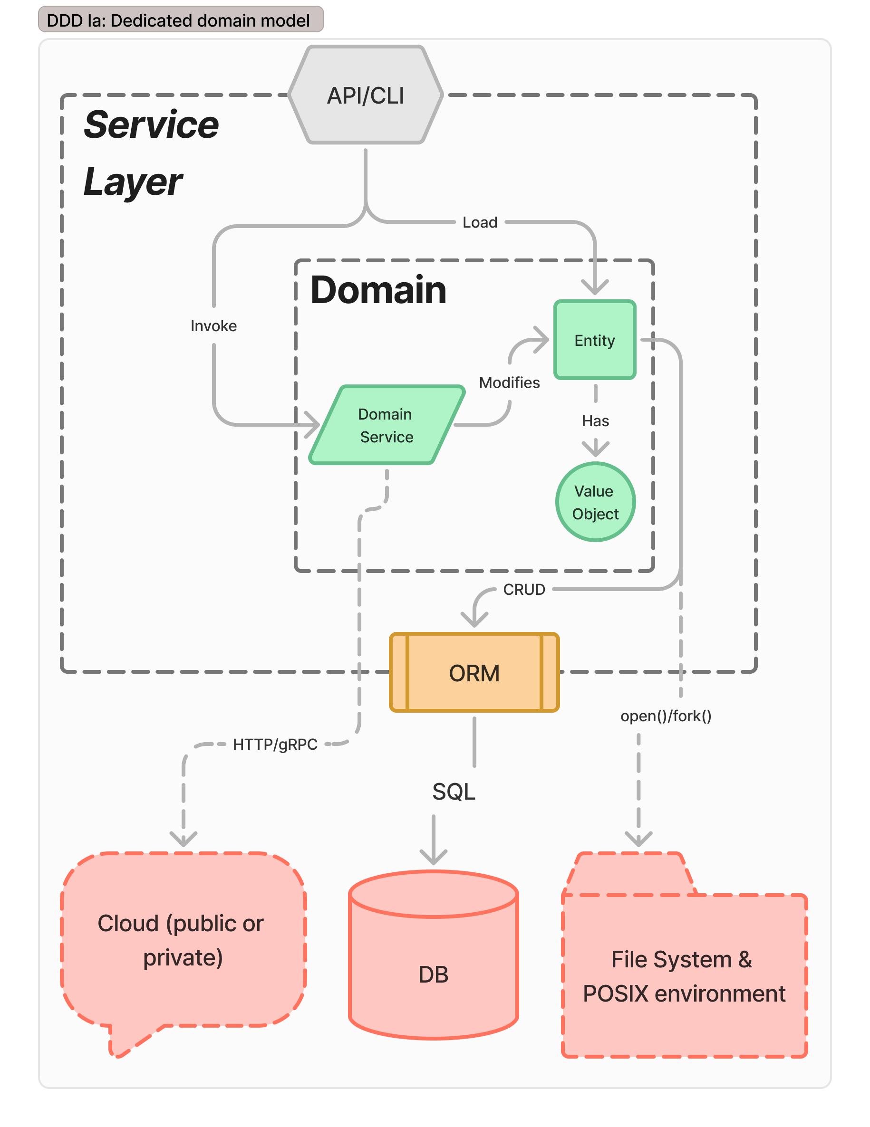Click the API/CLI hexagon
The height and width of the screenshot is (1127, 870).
click(x=365, y=95)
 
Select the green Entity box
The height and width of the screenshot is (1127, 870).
click(x=594, y=340)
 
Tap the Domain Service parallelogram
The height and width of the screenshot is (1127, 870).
click(x=386, y=425)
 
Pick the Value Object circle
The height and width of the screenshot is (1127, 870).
click(x=595, y=502)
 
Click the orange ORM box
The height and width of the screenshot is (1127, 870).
click(x=474, y=672)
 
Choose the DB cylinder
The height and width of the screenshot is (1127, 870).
click(x=433, y=965)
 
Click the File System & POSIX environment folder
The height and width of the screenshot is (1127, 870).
click(x=684, y=975)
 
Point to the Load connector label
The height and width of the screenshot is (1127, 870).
click(x=480, y=222)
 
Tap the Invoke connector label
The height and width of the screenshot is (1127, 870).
click(x=213, y=326)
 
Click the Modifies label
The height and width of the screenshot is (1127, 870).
click(x=509, y=382)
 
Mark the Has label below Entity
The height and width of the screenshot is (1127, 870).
click(x=595, y=421)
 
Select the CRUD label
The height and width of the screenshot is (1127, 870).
click(x=523, y=589)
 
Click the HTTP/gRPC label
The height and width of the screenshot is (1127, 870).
click(x=275, y=744)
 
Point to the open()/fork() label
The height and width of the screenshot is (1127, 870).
click(x=666, y=716)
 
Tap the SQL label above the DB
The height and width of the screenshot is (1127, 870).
click(x=454, y=791)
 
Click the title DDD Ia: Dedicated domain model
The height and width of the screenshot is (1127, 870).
click(x=178, y=20)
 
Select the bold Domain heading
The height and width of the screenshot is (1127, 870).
click(x=378, y=290)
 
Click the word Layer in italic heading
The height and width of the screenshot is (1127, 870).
click(x=133, y=181)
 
